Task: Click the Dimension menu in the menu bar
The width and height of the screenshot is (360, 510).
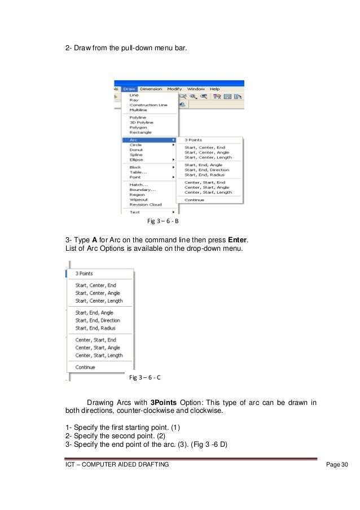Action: point(151,89)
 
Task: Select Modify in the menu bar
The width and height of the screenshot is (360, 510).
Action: point(175,89)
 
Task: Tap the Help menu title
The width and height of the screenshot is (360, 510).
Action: point(214,89)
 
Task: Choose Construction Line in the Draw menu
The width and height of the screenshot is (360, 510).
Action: point(148,105)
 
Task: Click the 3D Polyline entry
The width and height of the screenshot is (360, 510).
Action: point(141,122)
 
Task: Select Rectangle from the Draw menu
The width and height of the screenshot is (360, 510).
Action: point(140,133)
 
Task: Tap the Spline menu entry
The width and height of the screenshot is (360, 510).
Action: point(136,155)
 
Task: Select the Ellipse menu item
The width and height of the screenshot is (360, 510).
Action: point(137,160)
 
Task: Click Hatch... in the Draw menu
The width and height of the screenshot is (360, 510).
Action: point(138,184)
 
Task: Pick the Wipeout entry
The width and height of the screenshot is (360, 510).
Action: point(139,199)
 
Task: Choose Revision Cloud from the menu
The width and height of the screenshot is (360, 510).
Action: point(145,204)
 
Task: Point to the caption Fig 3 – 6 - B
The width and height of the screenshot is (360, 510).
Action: point(163,221)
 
